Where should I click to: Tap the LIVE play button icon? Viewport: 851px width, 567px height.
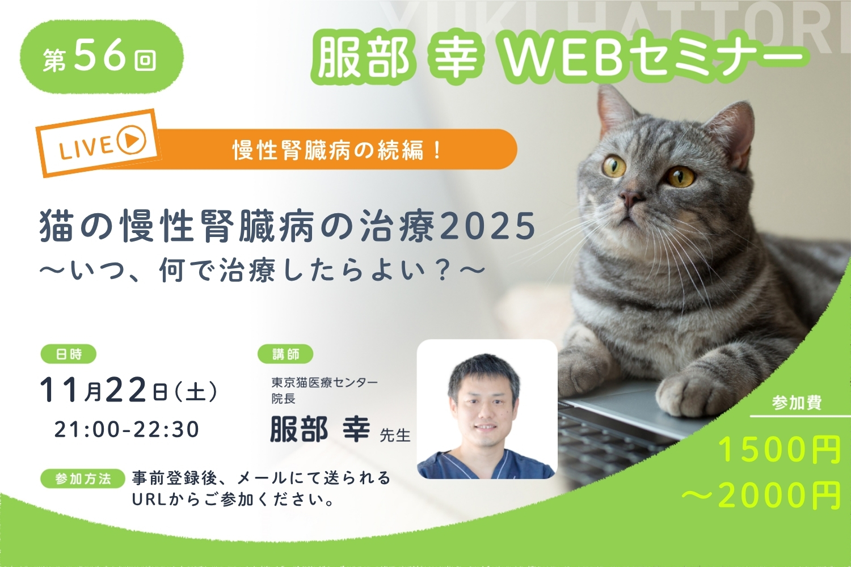[131, 139]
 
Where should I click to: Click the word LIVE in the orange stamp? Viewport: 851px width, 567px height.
[86, 148]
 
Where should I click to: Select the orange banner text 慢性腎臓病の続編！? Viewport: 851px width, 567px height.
[336, 150]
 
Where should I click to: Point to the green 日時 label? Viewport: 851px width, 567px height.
[69, 354]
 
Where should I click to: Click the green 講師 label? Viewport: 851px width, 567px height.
[285, 354]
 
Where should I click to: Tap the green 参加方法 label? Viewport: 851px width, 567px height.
[83, 479]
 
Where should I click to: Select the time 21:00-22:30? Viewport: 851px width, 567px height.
[127, 430]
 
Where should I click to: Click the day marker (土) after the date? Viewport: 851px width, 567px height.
[196, 392]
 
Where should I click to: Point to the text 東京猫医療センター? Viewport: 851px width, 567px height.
[325, 382]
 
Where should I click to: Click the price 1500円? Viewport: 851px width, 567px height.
[780, 450]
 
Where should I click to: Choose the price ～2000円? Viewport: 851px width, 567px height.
[761, 495]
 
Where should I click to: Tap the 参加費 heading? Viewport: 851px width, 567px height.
[797, 403]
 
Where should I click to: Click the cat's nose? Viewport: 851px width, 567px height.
[631, 197]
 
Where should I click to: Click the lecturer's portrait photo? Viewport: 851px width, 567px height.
[487, 409]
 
